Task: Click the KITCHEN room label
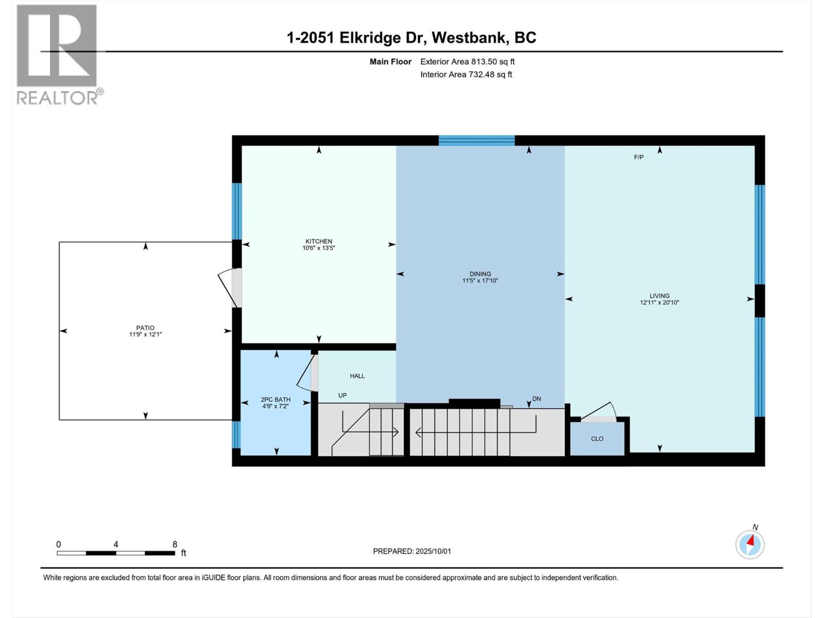319,241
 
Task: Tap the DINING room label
480,274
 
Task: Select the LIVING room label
660,296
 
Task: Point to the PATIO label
145,328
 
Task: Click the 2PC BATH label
276,400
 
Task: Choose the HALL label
357,376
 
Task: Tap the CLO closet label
597,439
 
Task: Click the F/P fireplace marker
639,157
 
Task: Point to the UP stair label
342,396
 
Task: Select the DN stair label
537,399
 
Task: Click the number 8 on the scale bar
175,544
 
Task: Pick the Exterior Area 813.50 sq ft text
468,61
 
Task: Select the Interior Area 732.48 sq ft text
466,74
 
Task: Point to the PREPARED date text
412,551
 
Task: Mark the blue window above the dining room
477,140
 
